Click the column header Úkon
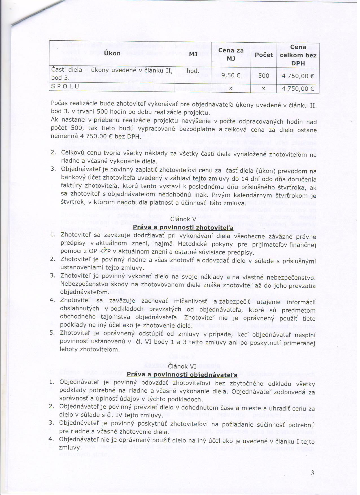(112, 53)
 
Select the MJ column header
(193, 54)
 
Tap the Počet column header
(264, 55)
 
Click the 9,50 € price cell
(231, 75)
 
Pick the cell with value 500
(263, 76)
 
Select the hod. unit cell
(193, 71)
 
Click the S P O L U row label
(65, 86)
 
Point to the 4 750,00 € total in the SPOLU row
(298, 89)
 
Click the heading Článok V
(183, 219)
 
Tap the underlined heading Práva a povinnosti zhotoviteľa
(183, 227)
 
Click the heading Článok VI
(182, 366)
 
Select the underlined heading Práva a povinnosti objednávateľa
(182, 375)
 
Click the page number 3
(312, 473)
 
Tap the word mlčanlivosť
(190, 301)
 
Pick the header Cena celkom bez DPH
(298, 55)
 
